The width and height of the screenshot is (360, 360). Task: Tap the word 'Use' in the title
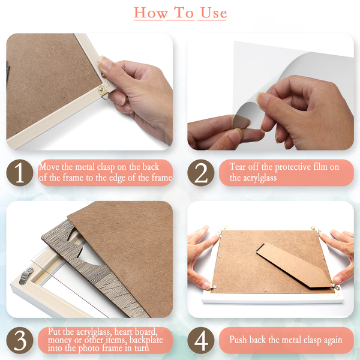pyautogui.click(x=214, y=13)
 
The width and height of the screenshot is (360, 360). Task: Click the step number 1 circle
pyautogui.click(x=20, y=173)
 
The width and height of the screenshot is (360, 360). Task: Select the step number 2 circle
pyautogui.click(x=200, y=173)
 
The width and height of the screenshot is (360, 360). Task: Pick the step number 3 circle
pyautogui.click(x=20, y=340)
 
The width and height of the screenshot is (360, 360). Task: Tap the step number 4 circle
pyautogui.click(x=200, y=340)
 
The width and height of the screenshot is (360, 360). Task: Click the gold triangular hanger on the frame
pyautogui.click(x=104, y=92)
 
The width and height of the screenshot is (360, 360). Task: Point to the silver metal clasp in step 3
pyautogui.click(x=26, y=275)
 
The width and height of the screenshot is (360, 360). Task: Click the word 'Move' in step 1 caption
pyautogui.click(x=49, y=167)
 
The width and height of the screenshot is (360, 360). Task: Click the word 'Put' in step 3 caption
pyautogui.click(x=55, y=332)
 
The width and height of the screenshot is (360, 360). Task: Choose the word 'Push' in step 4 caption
pyautogui.click(x=238, y=340)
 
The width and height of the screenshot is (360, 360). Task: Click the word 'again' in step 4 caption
pyautogui.click(x=333, y=340)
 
